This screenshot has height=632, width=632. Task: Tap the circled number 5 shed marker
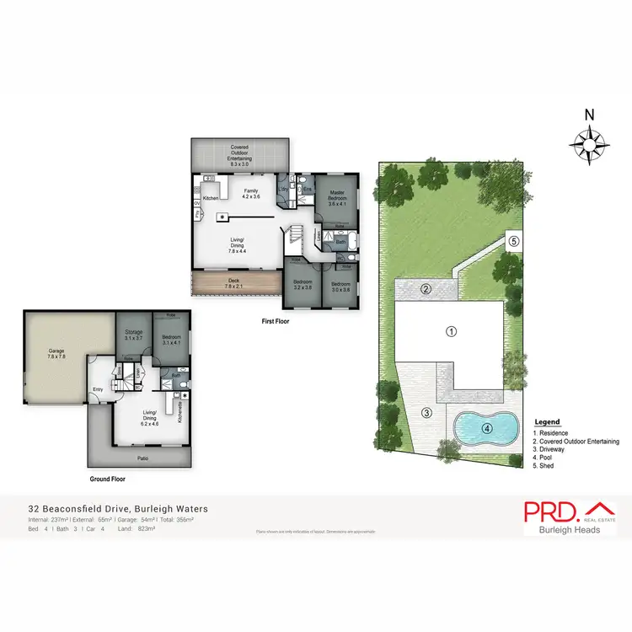tap(513, 242)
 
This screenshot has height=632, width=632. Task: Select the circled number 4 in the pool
tap(487, 427)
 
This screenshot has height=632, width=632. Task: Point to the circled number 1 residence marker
tap(452, 331)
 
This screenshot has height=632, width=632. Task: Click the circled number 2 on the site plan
tap(426, 290)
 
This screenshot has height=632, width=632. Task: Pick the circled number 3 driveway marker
tap(426, 412)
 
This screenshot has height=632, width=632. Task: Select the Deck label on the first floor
tap(234, 283)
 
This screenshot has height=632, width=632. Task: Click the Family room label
tap(250, 194)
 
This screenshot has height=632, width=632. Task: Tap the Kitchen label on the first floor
tap(211, 197)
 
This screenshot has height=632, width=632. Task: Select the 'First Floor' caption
tap(275, 321)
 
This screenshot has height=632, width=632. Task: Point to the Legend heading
tap(546, 422)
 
